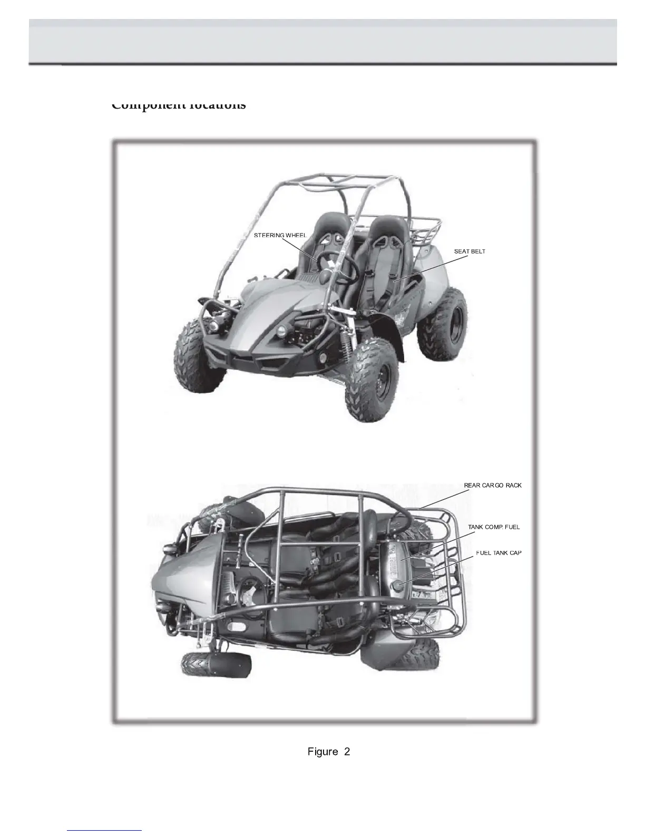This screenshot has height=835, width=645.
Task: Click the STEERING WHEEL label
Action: click(280, 235)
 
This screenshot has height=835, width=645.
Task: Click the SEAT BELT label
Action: click(470, 251)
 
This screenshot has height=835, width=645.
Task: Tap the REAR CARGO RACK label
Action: click(493, 485)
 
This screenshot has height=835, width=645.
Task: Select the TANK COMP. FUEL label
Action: click(494, 527)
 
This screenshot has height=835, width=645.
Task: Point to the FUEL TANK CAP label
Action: click(499, 553)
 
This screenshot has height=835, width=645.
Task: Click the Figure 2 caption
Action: click(328, 752)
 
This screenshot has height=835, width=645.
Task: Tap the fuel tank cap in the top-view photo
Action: click(398, 584)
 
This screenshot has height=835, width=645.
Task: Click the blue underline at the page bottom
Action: click(104, 830)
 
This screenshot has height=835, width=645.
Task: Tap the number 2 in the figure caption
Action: click(347, 752)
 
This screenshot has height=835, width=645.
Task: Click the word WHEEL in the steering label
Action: click(296, 235)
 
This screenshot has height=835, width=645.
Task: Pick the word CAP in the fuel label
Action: click(515, 553)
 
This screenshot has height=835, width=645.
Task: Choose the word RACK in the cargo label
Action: click(513, 485)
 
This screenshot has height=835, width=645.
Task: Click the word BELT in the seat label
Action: click(478, 251)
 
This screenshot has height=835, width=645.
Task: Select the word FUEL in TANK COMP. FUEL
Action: click(512, 527)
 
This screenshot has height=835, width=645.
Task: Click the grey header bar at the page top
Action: click(322, 41)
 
